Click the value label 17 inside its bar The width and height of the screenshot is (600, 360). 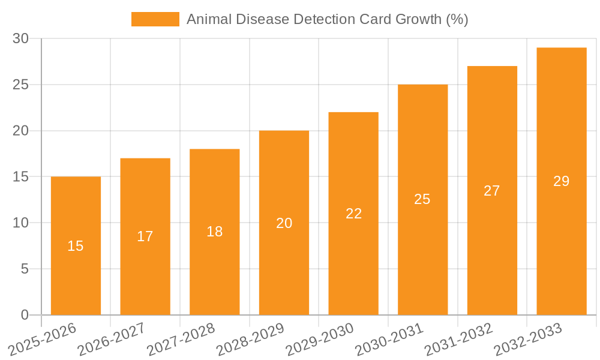click(145, 236)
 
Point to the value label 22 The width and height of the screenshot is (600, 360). click(353, 214)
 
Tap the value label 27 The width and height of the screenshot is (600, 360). click(492, 191)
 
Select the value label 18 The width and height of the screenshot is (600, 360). click(215, 232)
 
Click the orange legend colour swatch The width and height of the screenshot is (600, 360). click(155, 19)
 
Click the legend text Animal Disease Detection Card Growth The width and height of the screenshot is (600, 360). click(327, 19)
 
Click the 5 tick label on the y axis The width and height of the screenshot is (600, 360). click(25, 269)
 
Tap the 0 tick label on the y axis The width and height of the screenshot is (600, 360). click(25, 315)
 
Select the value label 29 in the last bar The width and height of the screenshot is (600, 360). click(561, 181)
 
